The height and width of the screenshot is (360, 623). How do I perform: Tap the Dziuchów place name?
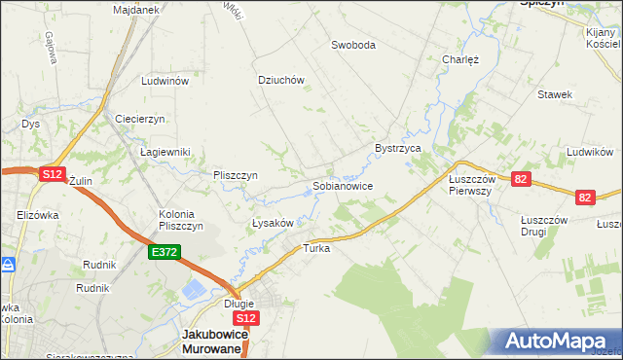coord(281,81)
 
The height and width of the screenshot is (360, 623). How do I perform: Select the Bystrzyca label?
coord(397,148)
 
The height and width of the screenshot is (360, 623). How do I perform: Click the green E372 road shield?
coord(164,252)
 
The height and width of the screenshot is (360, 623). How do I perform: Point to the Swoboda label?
coord(352,45)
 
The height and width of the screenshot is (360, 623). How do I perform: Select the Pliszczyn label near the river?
coord(235,175)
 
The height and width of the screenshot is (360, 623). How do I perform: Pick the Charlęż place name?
coord(459,57)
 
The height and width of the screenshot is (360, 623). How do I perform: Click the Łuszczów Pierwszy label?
coord(472,185)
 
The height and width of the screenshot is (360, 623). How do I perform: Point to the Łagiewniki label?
coord(165,152)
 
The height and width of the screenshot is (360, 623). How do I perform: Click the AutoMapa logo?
coord(559,342)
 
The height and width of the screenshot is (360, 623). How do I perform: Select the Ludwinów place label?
coord(165,82)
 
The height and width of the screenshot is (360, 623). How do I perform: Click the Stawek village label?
coord(554,94)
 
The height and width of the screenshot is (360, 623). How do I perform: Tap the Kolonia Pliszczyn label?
coord(180,219)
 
